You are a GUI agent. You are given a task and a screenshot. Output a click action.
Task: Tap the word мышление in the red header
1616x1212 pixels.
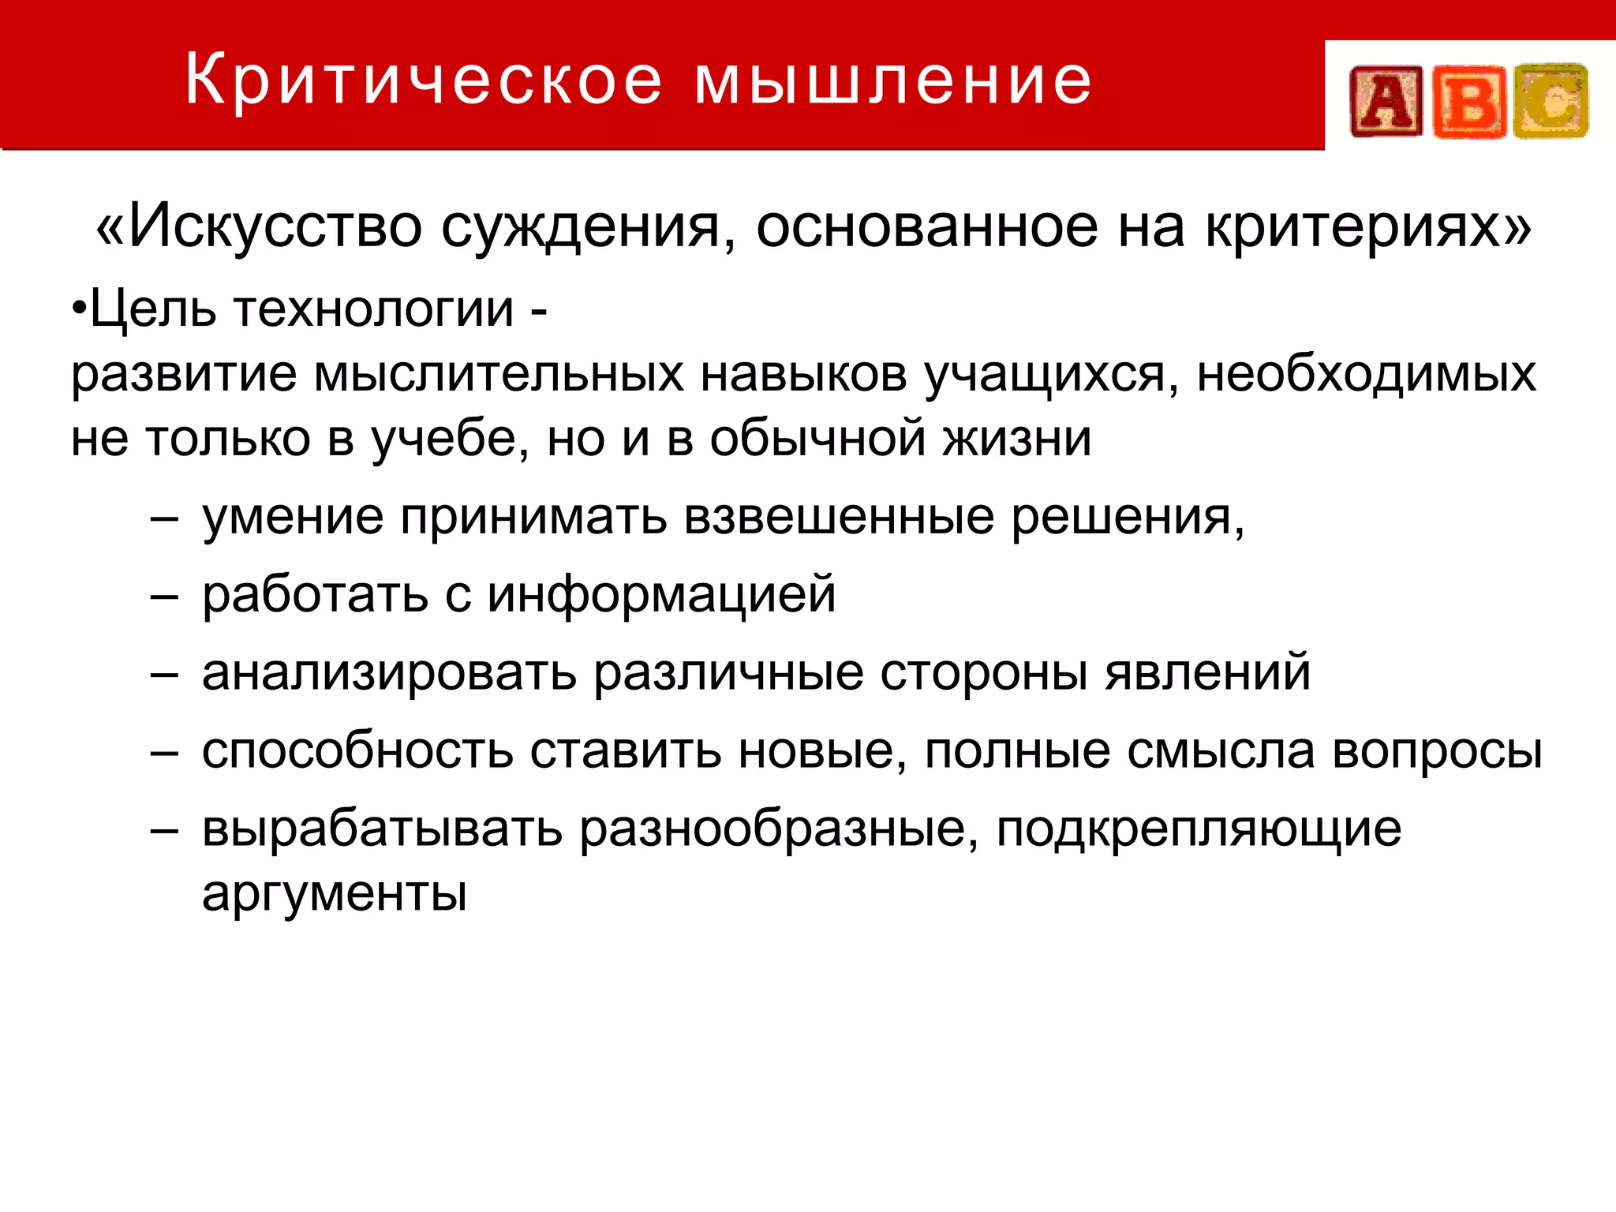point(893,80)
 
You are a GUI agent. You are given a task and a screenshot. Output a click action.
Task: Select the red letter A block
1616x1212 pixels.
point(1386,102)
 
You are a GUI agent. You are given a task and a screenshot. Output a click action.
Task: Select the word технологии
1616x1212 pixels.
point(374,309)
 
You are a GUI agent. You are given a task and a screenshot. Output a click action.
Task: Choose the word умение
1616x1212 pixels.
point(293,518)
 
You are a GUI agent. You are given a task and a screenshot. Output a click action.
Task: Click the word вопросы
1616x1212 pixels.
point(1437,750)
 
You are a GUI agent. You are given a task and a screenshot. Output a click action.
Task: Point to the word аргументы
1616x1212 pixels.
point(335,894)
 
